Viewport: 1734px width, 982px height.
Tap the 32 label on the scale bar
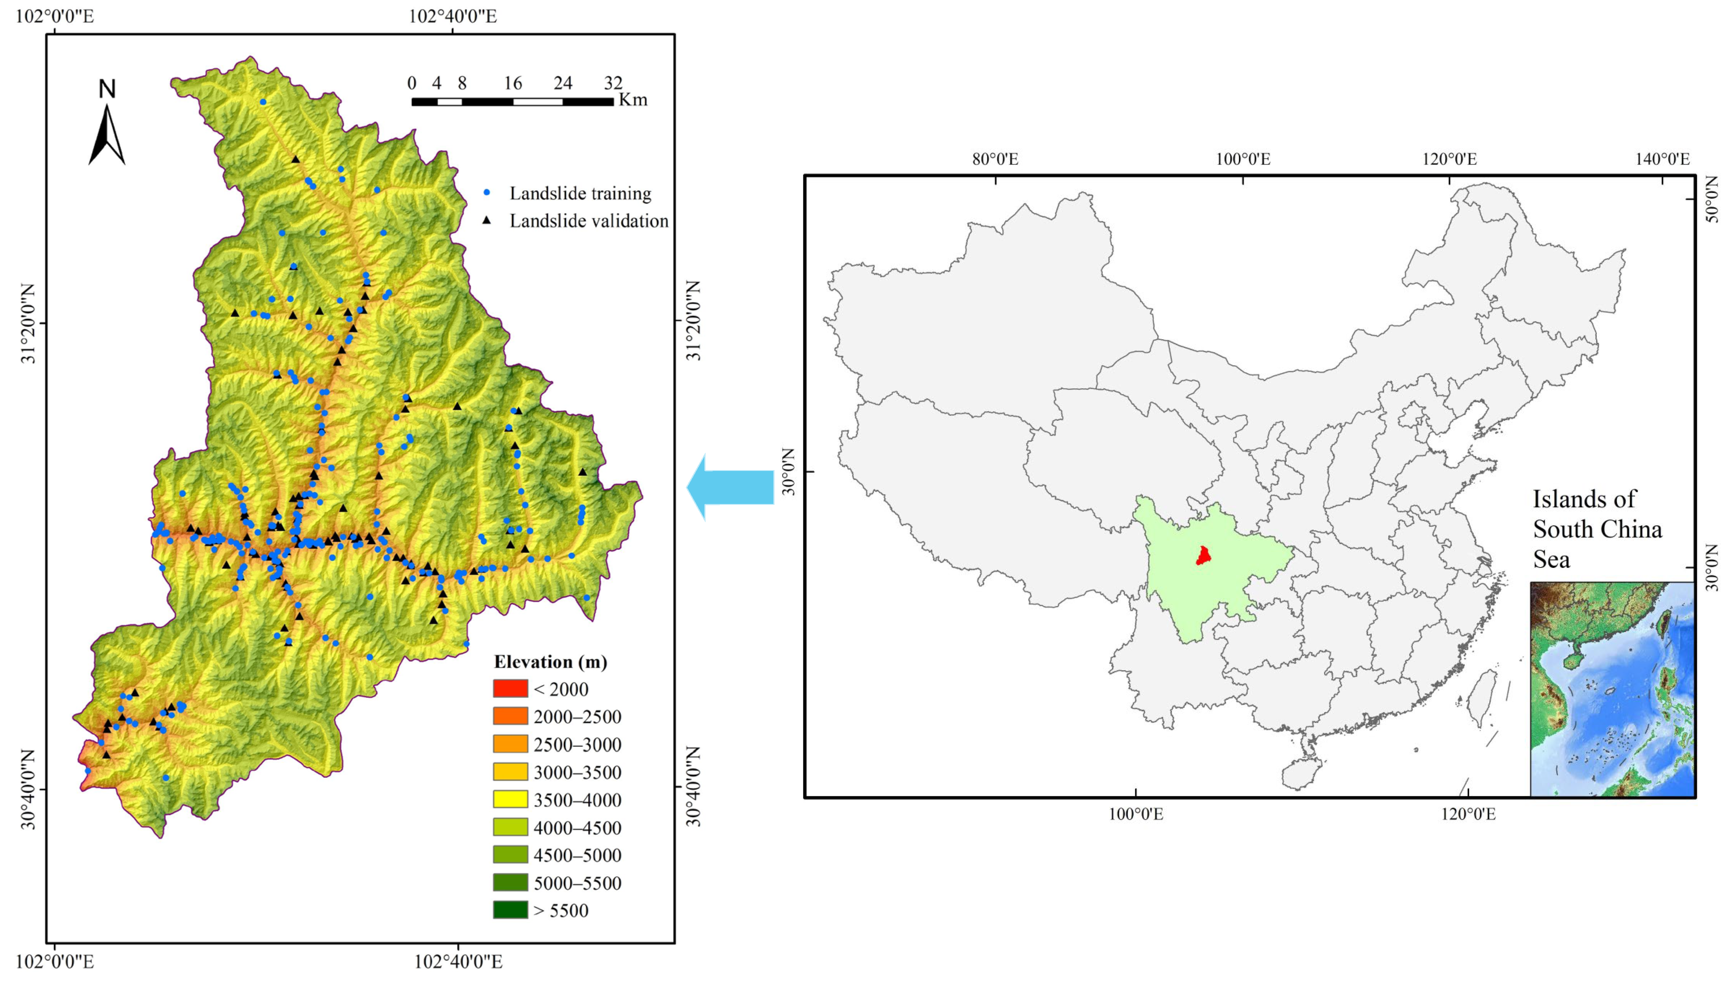pyautogui.click(x=613, y=83)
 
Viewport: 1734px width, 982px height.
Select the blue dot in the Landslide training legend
pyautogui.click(x=486, y=193)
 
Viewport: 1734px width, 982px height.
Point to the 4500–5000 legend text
pyautogui.click(x=577, y=855)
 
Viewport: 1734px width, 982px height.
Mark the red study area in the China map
pyautogui.click(x=1203, y=556)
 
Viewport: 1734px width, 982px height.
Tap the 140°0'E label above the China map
pyautogui.click(x=1663, y=159)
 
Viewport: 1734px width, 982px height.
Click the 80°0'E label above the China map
pyautogui.click(x=995, y=159)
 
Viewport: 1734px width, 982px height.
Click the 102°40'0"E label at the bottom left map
pyautogui.click(x=458, y=961)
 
